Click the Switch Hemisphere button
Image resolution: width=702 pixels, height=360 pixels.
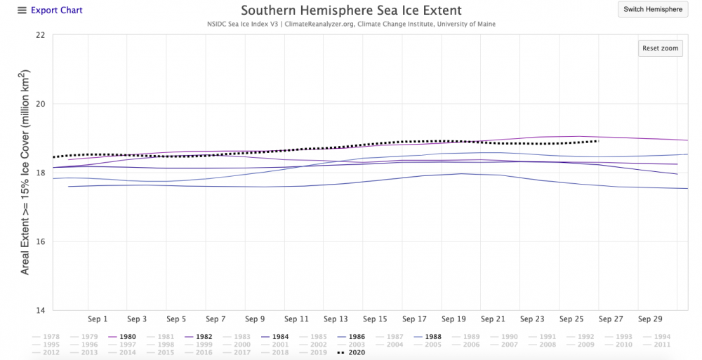click(653, 10)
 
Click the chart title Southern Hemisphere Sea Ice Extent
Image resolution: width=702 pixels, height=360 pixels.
click(351, 11)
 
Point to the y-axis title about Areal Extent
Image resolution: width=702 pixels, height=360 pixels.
click(25, 172)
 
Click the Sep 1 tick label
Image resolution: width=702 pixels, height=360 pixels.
click(98, 318)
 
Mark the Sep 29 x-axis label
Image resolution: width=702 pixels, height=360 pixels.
click(649, 318)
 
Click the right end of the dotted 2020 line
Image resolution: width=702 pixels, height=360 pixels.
click(597, 141)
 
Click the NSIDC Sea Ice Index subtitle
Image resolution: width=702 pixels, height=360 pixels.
click(351, 25)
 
